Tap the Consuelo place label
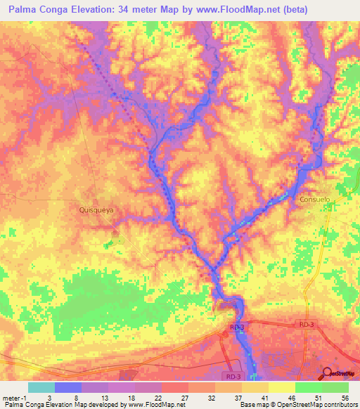[314, 200]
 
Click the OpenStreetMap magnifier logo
[328, 373]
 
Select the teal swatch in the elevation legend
[41, 387]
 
